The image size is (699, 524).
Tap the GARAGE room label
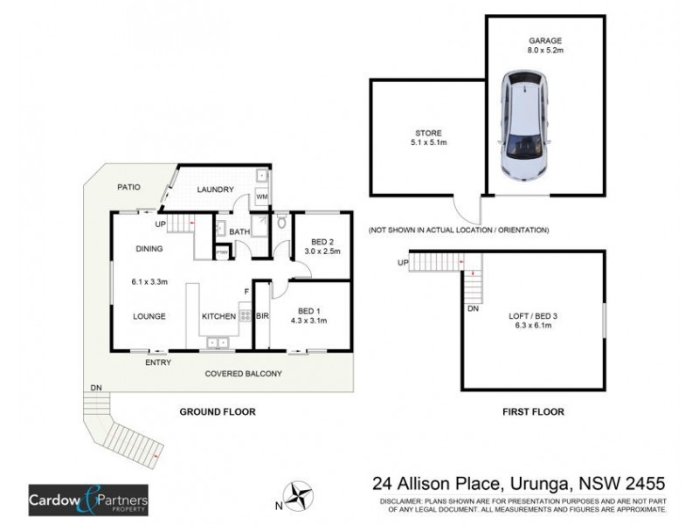pyautogui.click(x=545, y=40)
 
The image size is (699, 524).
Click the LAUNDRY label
pyautogui.click(x=215, y=190)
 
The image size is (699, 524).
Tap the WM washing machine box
pyautogui.click(x=260, y=198)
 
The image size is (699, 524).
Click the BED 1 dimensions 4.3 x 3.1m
pyautogui.click(x=313, y=320)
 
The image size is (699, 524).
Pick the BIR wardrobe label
pyautogui.click(x=262, y=317)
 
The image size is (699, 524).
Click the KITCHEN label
pyautogui.click(x=218, y=317)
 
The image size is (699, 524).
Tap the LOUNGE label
pyautogui.click(x=150, y=317)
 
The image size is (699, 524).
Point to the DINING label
pyautogui.click(x=150, y=249)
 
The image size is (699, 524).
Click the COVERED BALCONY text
pyautogui.click(x=244, y=374)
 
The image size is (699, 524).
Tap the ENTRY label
pyautogui.click(x=157, y=362)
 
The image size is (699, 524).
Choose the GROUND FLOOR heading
pyautogui.click(x=217, y=411)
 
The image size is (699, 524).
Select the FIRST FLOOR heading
pyautogui.click(x=533, y=411)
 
